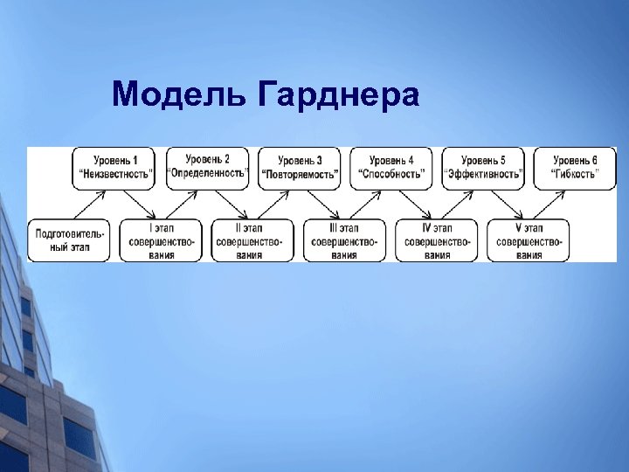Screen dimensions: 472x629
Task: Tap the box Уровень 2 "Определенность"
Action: pyautogui.click(x=208, y=167)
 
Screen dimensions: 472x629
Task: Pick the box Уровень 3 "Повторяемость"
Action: pyautogui.click(x=300, y=167)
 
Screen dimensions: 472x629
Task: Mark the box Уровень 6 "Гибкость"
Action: pyautogui.click(x=576, y=167)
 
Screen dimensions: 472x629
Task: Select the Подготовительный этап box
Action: pyautogui.click(x=70, y=240)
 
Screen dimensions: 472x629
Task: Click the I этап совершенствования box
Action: pyautogui.click(x=161, y=240)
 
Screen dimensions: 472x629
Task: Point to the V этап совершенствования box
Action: pyautogui.click(x=529, y=240)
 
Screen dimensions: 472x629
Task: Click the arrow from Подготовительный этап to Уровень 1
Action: pyautogui.click(x=92, y=205)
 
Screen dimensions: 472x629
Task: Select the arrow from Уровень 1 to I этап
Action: pyautogui.click(x=137, y=205)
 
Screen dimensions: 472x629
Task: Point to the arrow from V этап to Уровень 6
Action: pyautogui.click(x=552, y=205)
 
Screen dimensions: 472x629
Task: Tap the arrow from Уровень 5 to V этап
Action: pyautogui.click(x=506, y=205)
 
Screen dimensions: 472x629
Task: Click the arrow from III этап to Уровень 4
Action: pyautogui.click(x=368, y=205)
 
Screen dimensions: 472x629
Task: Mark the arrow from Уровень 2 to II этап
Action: pyautogui.click(x=230, y=205)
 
